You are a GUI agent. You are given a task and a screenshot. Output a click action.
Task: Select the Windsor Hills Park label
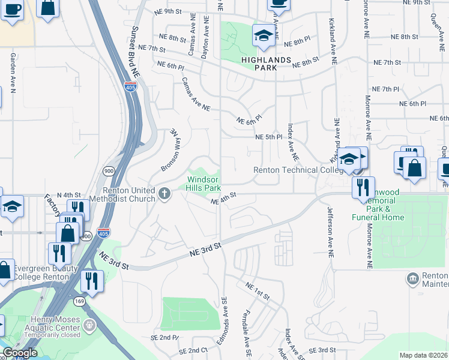(x=204, y=184)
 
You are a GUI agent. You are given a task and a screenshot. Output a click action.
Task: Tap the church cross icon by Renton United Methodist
(x=166, y=193)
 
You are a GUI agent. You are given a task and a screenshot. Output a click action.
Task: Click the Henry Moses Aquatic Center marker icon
(x=89, y=326)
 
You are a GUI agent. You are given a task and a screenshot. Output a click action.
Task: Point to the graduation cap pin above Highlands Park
(x=263, y=37)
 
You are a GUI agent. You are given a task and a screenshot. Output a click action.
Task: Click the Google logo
(x=20, y=353)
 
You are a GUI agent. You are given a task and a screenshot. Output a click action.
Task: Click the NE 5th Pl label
(x=269, y=137)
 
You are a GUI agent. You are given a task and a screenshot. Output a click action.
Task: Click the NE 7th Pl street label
(x=385, y=89)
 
